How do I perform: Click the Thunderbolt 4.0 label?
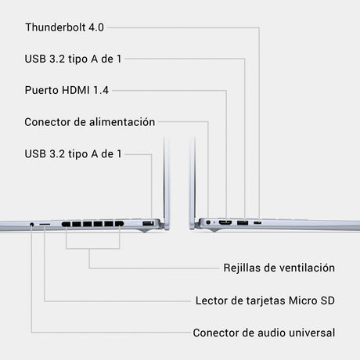[x=64, y=27]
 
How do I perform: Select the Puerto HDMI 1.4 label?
[x=67, y=90]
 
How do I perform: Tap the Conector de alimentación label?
[x=90, y=122]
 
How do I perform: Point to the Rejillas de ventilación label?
[x=279, y=268]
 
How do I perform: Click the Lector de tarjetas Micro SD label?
[x=265, y=301]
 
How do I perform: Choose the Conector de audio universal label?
[x=264, y=333]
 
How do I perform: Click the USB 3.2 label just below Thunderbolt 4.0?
[x=73, y=59]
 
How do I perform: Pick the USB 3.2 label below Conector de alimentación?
[x=73, y=154]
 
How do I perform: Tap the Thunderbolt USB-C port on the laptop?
[x=257, y=223]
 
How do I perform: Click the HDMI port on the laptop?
[x=225, y=223]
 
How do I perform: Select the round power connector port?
[x=208, y=222]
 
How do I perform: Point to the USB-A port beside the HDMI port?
[x=243, y=223]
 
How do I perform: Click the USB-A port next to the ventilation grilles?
[x=148, y=223]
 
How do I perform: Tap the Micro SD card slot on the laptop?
[x=45, y=224]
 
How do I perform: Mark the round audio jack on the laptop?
[x=32, y=224]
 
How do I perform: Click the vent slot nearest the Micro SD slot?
[x=66, y=224]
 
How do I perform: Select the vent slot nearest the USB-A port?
[x=119, y=224]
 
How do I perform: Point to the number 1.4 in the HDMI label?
[x=101, y=90]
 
